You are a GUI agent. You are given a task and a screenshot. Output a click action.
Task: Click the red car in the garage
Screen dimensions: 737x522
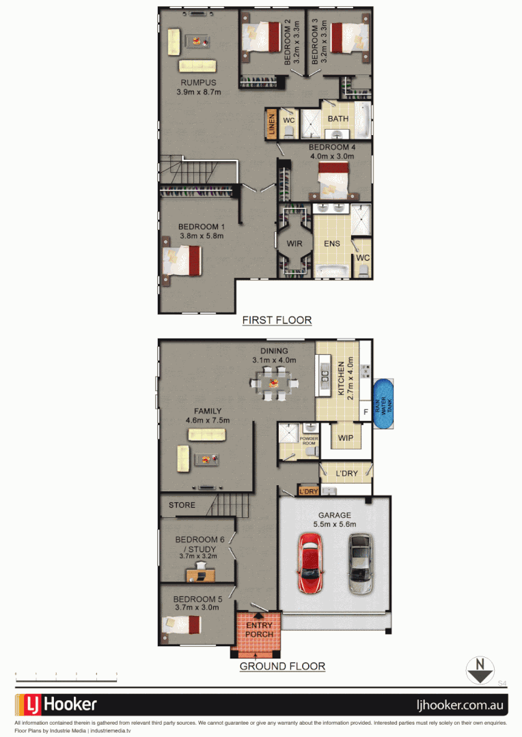click(x=310, y=563)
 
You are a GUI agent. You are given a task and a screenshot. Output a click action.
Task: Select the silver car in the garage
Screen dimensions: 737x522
click(x=359, y=564)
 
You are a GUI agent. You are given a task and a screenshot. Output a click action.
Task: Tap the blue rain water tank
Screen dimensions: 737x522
click(x=385, y=405)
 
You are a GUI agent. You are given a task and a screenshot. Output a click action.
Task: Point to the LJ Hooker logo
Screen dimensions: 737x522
click(x=57, y=704)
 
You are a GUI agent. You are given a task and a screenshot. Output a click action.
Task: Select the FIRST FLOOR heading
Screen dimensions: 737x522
click(x=277, y=319)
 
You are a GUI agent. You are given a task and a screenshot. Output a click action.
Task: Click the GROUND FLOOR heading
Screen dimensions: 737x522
click(x=281, y=666)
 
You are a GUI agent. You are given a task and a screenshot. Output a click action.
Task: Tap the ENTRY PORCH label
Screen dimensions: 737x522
click(x=259, y=630)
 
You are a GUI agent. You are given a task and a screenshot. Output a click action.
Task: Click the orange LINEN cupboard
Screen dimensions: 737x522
click(x=271, y=124)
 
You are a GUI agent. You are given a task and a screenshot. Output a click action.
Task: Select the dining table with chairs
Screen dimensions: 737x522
click(x=273, y=383)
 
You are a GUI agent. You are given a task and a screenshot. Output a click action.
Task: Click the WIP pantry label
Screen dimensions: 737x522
click(x=346, y=437)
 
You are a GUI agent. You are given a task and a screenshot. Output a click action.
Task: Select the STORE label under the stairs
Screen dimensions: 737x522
click(x=182, y=506)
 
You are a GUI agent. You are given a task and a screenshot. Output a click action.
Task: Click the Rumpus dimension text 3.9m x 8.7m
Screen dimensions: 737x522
click(x=199, y=92)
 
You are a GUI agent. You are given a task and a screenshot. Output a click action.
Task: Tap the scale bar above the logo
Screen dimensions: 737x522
click(x=66, y=677)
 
